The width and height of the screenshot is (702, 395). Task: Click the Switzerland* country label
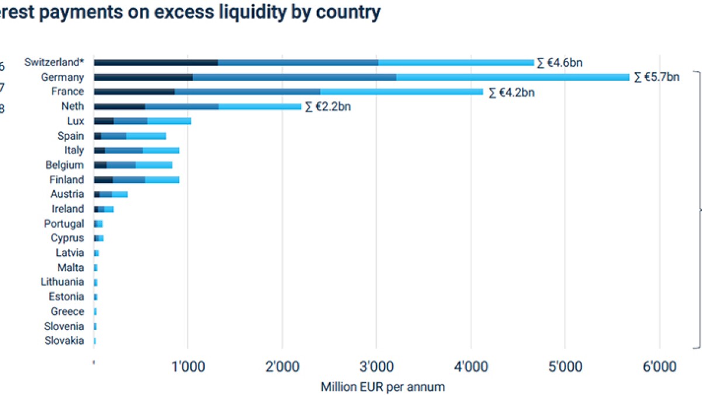[x=54, y=62]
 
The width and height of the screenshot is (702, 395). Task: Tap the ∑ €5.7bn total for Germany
[x=656, y=77]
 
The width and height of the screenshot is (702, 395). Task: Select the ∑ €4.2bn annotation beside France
[x=511, y=92]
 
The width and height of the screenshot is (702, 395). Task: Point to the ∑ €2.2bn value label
[x=328, y=107]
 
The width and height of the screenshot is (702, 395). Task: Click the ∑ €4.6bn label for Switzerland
[x=560, y=63]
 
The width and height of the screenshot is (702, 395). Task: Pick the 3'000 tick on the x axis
[x=376, y=367]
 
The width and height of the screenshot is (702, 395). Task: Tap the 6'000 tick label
[x=659, y=367]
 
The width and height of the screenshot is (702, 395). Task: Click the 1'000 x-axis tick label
[x=188, y=367]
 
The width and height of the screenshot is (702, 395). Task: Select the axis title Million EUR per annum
[x=383, y=387]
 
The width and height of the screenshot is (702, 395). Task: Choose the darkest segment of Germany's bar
[x=143, y=77]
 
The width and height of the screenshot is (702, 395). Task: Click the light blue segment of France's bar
[x=401, y=92]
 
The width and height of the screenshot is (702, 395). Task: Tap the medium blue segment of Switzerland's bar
[x=298, y=63]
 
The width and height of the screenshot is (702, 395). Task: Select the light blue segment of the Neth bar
[x=260, y=107]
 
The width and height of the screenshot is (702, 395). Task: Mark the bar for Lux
[x=142, y=121]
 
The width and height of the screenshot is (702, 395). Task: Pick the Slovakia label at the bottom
[x=64, y=341]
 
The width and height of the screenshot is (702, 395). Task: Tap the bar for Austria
[x=111, y=194]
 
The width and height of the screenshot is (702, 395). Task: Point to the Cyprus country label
[x=67, y=238]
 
